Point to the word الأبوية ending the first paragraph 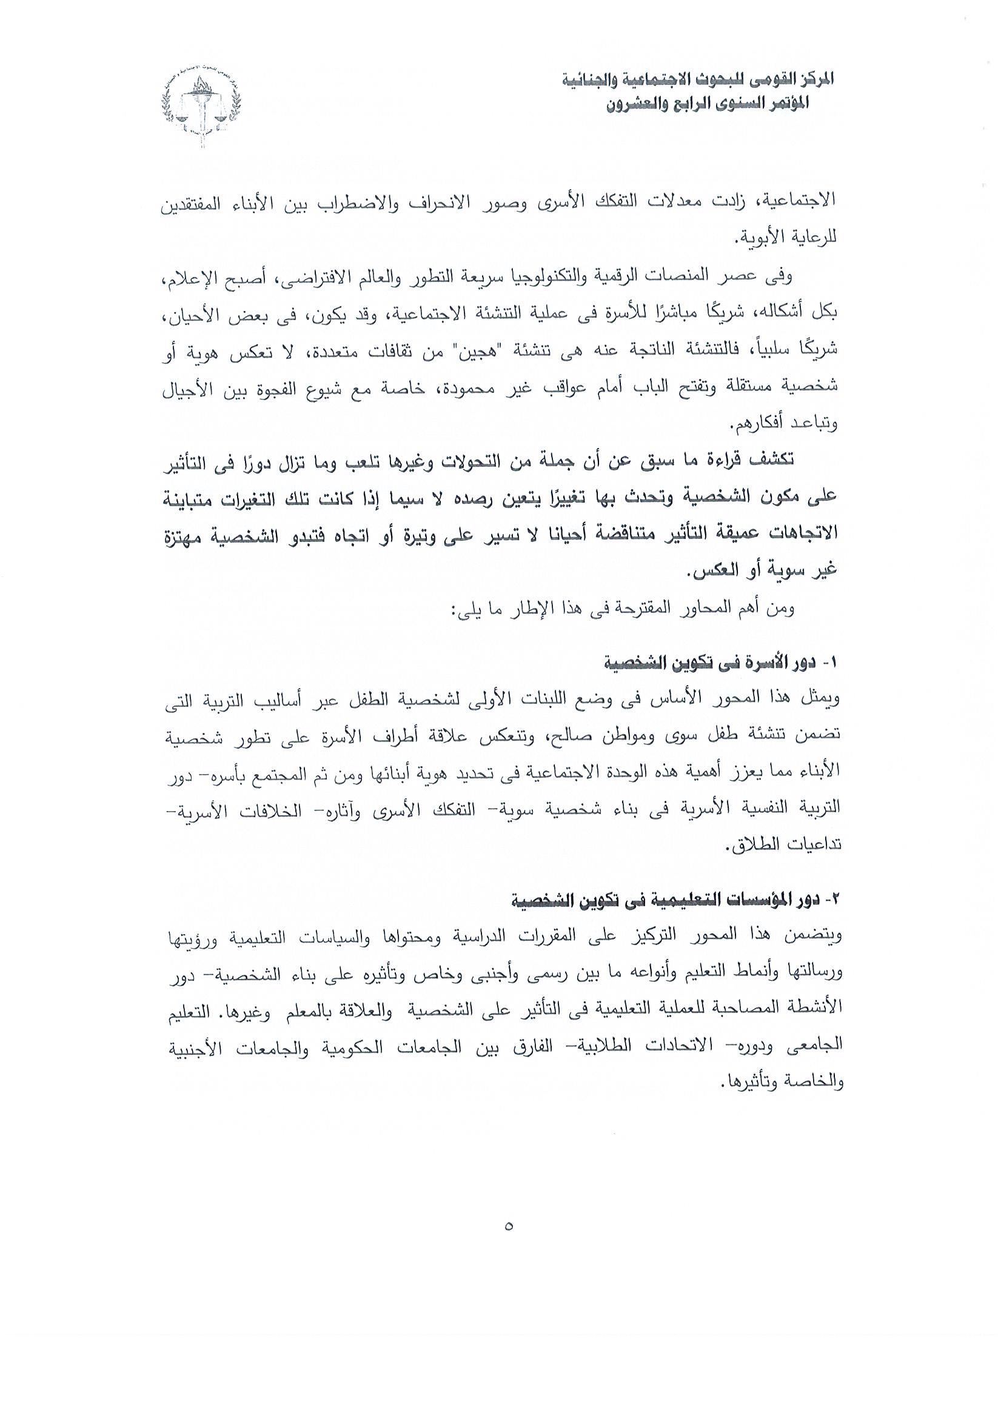point(760,237)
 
